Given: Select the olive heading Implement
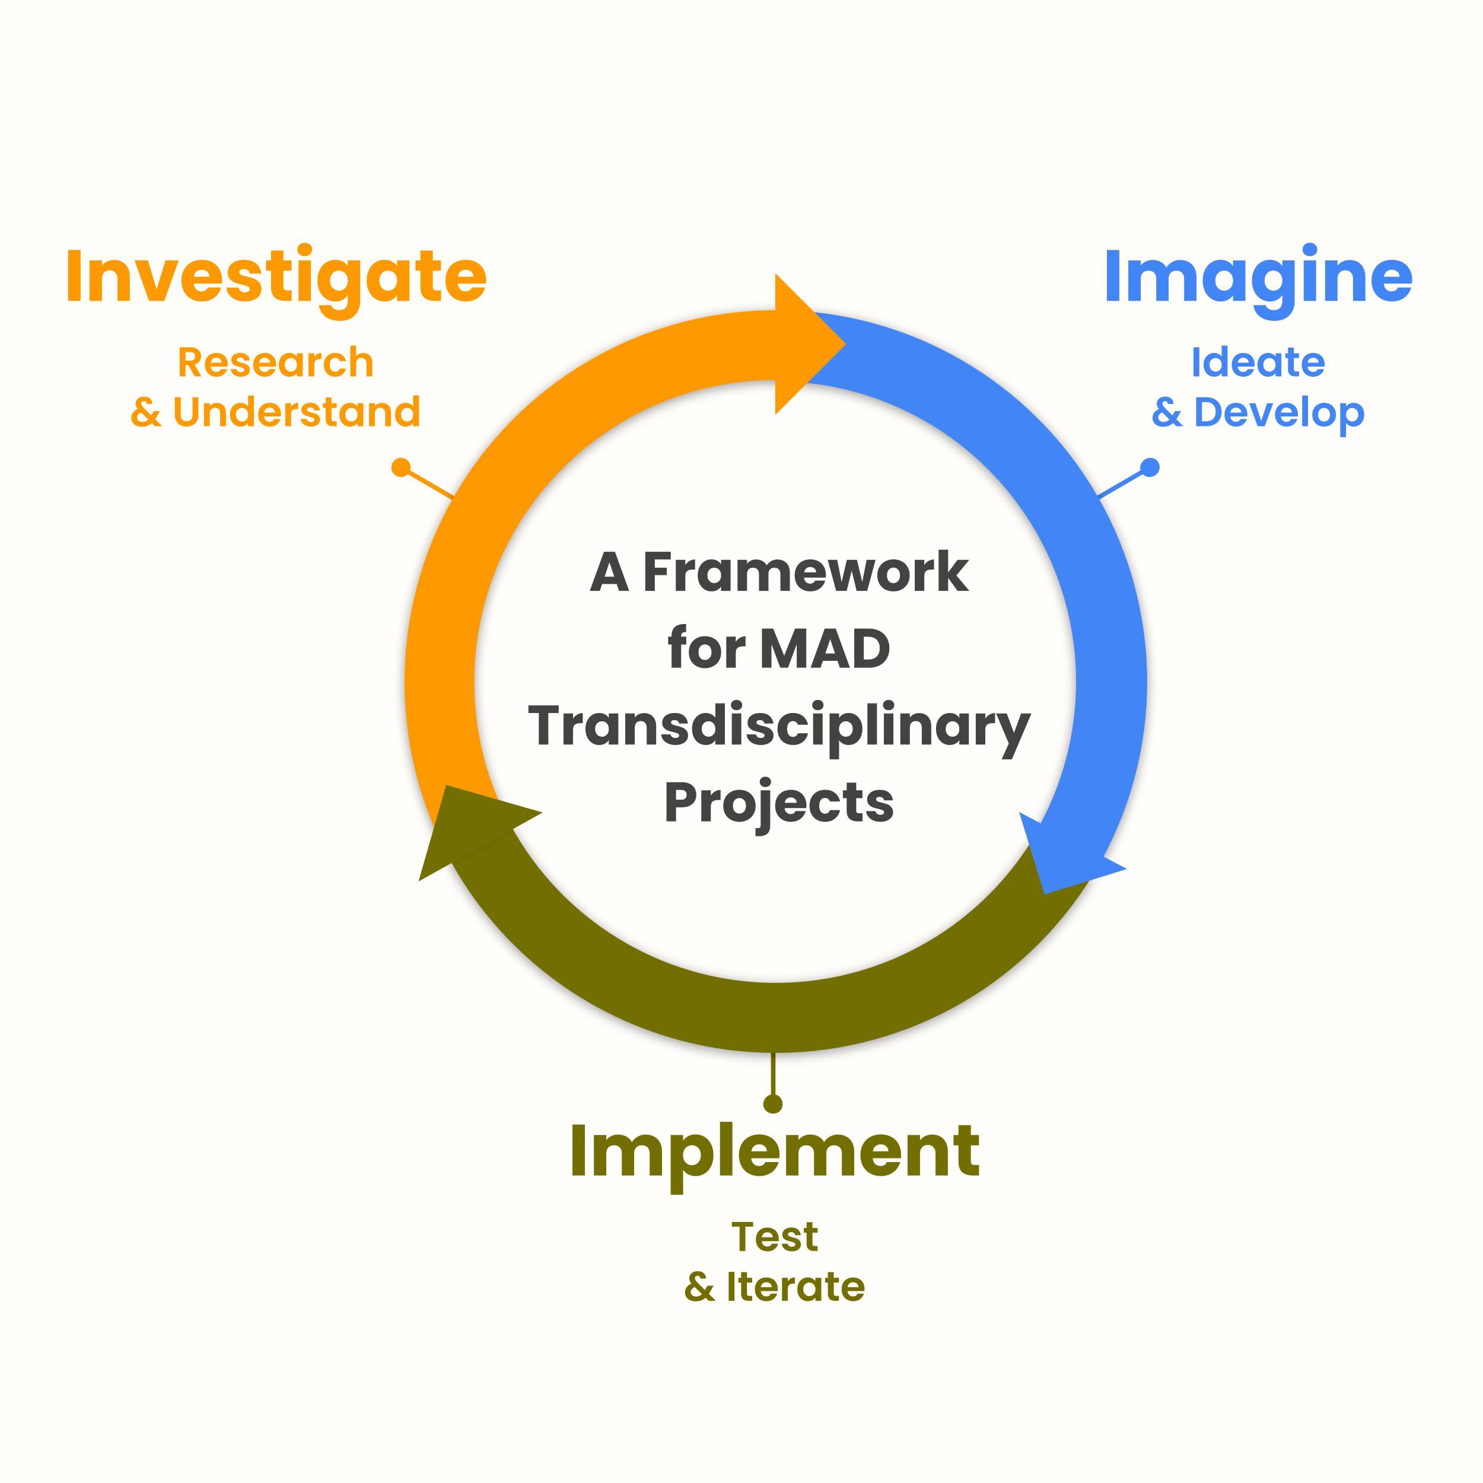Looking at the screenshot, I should coord(775,1151).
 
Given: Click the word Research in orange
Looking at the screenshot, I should coord(276,362).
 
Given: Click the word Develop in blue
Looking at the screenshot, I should coord(1279,412).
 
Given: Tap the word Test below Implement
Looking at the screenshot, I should coord(775,1237).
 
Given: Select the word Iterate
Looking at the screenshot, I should coord(795,1287).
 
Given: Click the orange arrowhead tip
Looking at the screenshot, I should coord(841,344).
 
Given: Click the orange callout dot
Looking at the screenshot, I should coord(400,467).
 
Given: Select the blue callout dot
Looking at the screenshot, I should coord(1149,467).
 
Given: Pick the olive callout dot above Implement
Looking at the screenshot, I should coord(773,1104).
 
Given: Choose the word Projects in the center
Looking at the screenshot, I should coord(778,804).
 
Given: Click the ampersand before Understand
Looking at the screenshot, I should coord(146,413).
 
